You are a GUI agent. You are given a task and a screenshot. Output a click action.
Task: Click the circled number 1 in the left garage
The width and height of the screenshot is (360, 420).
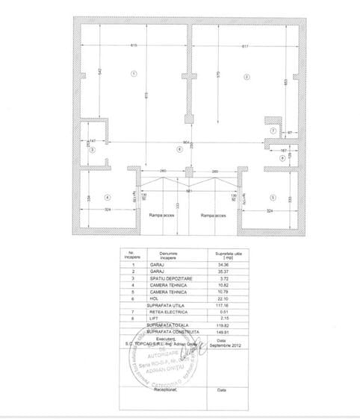pos(134,73)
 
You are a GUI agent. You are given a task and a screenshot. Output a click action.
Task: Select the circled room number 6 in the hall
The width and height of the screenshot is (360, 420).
pos(179,149)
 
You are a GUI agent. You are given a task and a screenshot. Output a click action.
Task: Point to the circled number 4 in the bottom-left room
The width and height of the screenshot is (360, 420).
pos(108,198)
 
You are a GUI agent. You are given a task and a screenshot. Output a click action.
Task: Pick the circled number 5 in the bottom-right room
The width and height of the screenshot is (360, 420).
pos(273,198)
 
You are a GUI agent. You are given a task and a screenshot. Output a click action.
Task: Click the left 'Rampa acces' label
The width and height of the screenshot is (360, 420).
pos(161,215)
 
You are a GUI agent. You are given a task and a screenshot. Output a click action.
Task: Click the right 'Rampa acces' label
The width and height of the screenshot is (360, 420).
pos(214,215)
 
